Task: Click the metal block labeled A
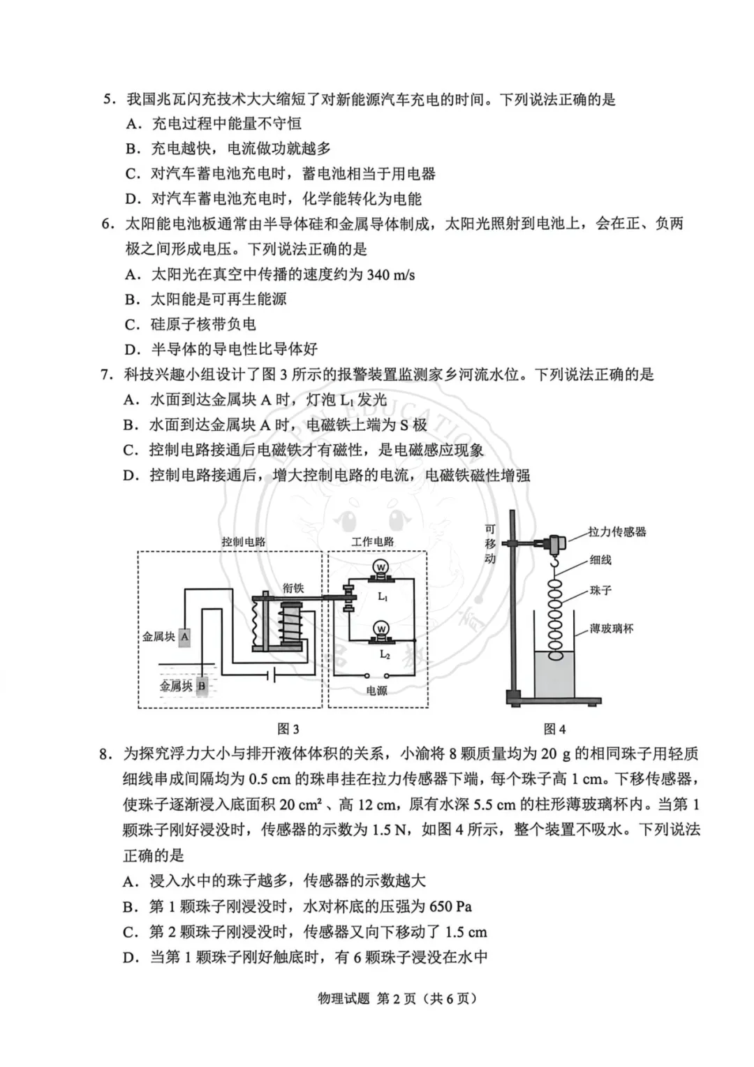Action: tap(184, 636)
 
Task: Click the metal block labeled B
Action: tap(202, 686)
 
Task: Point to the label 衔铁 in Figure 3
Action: tap(293, 589)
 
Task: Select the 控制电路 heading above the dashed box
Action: tap(244, 542)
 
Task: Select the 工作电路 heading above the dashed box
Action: tap(373, 542)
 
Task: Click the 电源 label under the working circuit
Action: tap(376, 691)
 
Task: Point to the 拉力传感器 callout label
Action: tap(617, 532)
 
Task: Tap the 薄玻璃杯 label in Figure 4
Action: tap(612, 628)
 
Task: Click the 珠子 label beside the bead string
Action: tap(600, 591)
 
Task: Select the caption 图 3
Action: tap(288, 729)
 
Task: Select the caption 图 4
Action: tap(554, 729)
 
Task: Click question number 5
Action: tap(108, 100)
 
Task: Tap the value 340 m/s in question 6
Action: tap(390, 275)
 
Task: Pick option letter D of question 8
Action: tap(130, 957)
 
